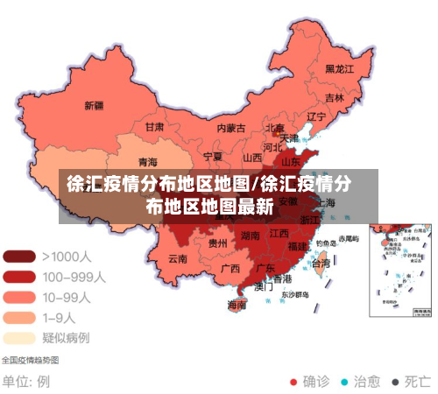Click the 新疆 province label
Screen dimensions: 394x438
[x=94, y=106]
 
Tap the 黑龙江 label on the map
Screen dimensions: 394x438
[x=339, y=68]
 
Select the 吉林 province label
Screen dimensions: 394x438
[x=335, y=98]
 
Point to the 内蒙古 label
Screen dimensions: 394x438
[x=232, y=128]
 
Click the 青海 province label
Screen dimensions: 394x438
[x=148, y=162]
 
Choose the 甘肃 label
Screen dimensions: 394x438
[x=154, y=127]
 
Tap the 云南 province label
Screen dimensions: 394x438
[x=178, y=258]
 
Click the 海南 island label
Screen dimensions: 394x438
[x=237, y=306]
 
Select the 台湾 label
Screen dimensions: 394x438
[x=321, y=263]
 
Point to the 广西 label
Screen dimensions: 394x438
[x=230, y=268]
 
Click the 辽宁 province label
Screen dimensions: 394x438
[x=316, y=116]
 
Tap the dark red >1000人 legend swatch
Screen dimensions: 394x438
[x=19, y=257]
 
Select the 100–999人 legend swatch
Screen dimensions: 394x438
[x=19, y=277]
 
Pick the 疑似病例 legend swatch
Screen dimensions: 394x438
[x=19, y=337]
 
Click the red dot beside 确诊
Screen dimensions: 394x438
[x=294, y=382]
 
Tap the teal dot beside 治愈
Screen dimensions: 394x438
[x=344, y=382]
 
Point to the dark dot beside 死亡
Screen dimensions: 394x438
[x=395, y=382]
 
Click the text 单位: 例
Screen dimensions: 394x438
[x=25, y=382]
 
